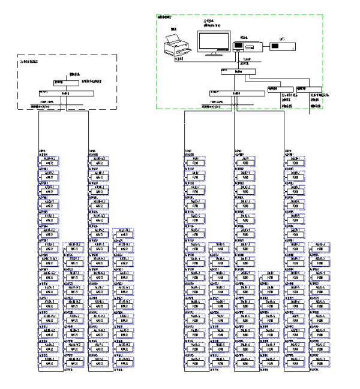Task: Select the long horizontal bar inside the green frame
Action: (237, 93)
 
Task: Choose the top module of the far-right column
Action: (295, 160)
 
